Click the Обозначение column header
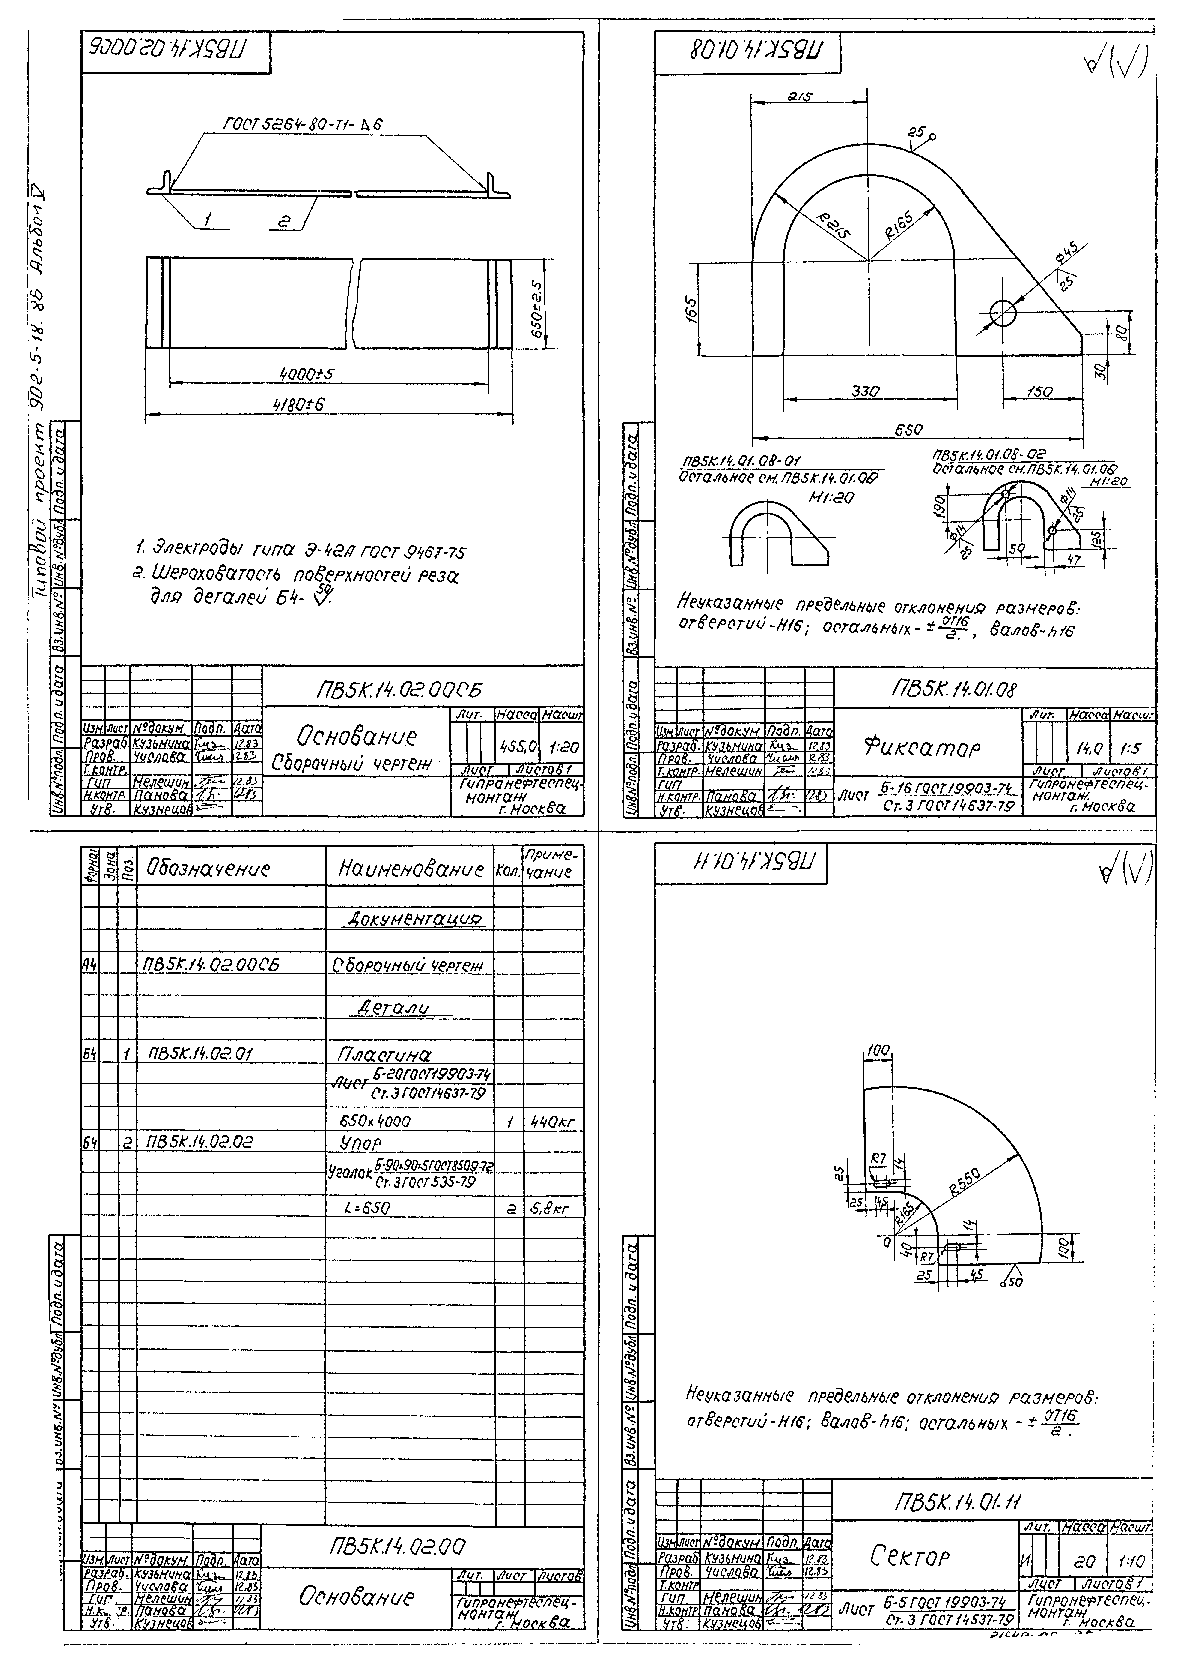(x=208, y=869)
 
